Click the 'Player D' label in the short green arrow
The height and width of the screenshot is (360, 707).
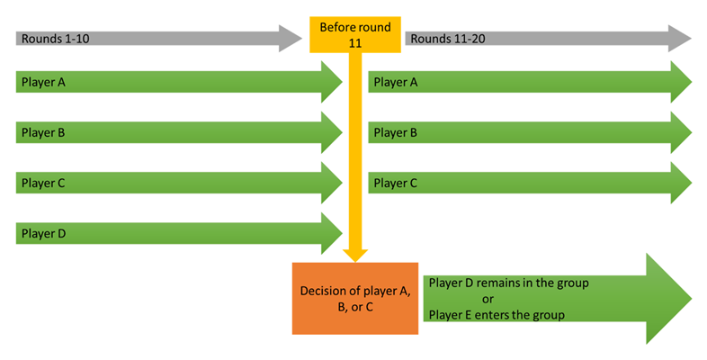(x=41, y=233)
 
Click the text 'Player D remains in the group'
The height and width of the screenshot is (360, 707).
(x=508, y=283)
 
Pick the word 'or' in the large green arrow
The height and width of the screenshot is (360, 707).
(x=488, y=299)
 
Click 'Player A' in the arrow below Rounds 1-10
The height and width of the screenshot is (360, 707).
(x=41, y=82)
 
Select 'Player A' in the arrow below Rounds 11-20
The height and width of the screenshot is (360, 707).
(x=395, y=82)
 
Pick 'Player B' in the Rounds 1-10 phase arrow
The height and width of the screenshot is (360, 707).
(x=41, y=132)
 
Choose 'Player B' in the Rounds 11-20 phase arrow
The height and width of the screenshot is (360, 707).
(x=395, y=132)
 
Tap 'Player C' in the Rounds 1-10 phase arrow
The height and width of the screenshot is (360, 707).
(x=41, y=183)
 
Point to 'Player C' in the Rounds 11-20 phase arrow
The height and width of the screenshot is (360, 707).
(x=395, y=183)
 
